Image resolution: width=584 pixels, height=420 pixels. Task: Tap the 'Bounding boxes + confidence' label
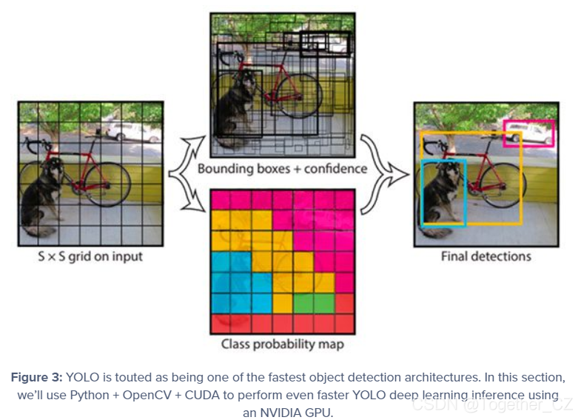point(282,169)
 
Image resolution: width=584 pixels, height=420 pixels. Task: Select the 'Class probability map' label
point(282,344)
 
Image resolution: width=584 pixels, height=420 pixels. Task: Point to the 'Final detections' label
point(486,256)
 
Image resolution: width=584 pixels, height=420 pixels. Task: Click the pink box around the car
point(528,133)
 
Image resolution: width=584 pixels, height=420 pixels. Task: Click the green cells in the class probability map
point(314,303)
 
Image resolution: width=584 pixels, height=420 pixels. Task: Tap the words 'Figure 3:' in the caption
point(36,376)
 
